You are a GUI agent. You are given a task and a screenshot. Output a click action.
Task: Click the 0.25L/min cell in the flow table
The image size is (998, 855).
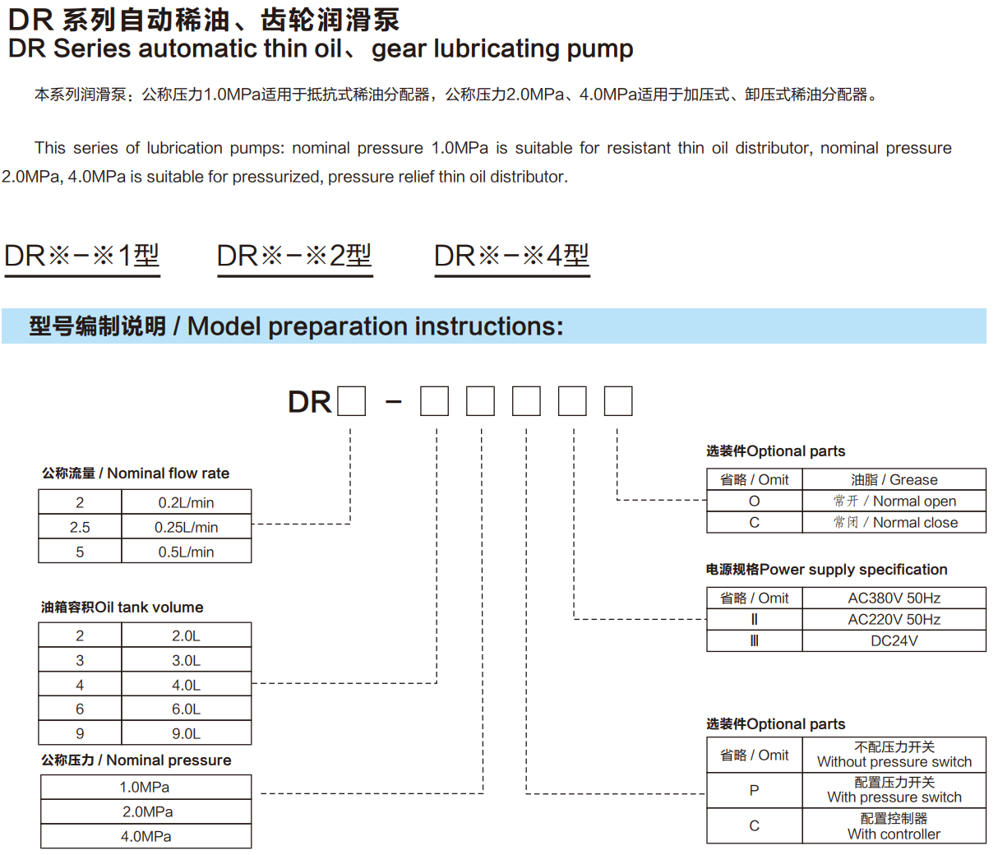tap(187, 527)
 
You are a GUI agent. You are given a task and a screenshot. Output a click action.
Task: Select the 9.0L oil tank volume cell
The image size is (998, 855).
tap(187, 733)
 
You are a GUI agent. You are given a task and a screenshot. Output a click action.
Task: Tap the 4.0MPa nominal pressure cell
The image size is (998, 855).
tap(146, 836)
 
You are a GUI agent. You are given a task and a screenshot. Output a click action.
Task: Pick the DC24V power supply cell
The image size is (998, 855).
tap(894, 640)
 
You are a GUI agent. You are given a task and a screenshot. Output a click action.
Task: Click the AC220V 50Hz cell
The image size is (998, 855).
tap(894, 619)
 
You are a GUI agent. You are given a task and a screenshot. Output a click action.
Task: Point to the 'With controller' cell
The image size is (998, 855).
tap(894, 826)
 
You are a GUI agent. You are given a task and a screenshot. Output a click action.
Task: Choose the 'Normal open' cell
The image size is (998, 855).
tap(894, 501)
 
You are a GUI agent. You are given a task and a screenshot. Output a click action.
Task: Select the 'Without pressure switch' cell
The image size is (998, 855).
tap(894, 755)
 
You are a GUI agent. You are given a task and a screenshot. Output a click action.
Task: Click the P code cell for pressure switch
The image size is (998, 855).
tap(754, 790)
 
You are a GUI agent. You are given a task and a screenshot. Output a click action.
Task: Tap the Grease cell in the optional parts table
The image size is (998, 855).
tap(894, 479)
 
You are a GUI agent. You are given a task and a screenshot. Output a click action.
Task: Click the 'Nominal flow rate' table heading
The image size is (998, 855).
tap(136, 473)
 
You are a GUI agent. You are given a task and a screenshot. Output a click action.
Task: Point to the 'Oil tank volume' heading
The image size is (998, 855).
tap(122, 607)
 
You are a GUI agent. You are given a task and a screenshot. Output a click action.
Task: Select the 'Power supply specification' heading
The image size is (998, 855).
tap(826, 569)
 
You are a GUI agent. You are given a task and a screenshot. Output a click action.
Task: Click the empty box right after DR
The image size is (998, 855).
tap(351, 401)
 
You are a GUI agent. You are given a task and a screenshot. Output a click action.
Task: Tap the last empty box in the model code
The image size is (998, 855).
tap(618, 401)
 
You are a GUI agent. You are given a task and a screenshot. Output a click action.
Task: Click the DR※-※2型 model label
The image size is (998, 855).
tap(294, 256)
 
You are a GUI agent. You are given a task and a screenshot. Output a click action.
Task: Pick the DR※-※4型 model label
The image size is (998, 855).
tap(511, 256)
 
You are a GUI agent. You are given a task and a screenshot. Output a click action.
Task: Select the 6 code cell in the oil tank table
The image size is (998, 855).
tap(80, 709)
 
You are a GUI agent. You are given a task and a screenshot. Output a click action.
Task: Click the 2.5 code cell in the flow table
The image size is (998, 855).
tap(80, 527)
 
